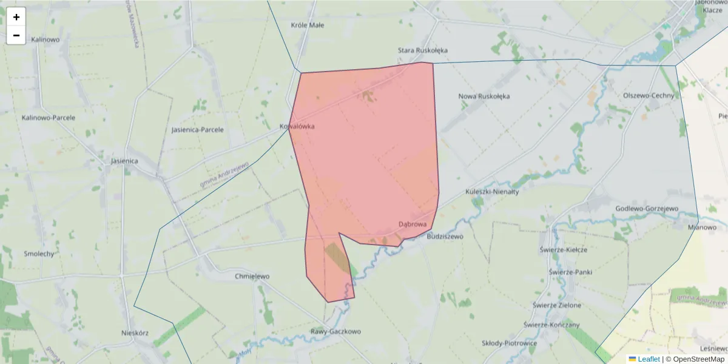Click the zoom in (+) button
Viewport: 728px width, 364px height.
pos(16,17)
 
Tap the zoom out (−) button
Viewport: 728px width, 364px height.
pos(16,35)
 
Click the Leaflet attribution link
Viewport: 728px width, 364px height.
pos(648,359)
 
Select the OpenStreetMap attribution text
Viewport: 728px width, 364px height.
pos(698,359)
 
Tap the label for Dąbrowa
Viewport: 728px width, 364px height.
pos(413,224)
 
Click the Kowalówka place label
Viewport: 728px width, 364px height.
pos(297,126)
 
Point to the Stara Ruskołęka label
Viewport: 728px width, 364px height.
pos(423,50)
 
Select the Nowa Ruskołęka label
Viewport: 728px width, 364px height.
pos(484,96)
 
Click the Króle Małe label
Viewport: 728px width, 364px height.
pos(308,25)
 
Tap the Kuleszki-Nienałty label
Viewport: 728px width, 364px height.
pos(493,192)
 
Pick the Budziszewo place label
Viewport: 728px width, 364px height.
pos(445,237)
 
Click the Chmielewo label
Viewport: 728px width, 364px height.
pos(252,277)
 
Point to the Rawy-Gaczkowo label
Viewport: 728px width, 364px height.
pos(335,332)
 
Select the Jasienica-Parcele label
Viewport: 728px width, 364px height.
pos(198,130)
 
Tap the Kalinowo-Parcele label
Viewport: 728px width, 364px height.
pos(49,118)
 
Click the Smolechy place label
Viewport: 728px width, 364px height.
pos(39,254)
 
